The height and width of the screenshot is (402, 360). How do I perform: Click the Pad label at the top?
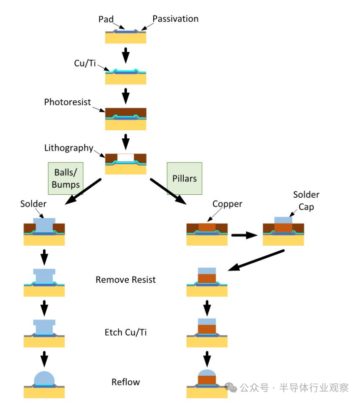click(106, 19)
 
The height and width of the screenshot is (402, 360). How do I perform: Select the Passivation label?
click(175, 19)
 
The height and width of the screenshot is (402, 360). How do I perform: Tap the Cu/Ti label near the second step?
click(85, 63)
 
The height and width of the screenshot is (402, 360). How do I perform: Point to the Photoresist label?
click(68, 102)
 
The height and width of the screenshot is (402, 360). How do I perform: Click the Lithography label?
click(68, 148)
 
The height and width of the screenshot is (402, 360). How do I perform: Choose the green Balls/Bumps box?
click(66, 178)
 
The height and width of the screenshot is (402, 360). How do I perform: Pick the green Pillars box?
click(184, 178)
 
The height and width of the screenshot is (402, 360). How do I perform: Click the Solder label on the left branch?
click(33, 204)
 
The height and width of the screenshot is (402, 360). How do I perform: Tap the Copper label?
click(227, 204)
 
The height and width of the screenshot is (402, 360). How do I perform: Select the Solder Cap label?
click(306, 201)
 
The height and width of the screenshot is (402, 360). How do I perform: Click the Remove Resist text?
click(126, 280)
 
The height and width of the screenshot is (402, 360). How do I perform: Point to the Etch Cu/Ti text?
click(126, 332)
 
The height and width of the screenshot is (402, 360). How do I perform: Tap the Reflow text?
click(126, 382)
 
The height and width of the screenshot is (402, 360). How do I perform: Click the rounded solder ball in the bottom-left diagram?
click(44, 378)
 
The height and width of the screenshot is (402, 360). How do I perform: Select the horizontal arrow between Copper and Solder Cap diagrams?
click(244, 235)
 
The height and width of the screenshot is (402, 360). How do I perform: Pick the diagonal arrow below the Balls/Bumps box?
click(84, 192)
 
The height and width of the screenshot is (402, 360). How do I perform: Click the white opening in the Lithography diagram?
click(126, 158)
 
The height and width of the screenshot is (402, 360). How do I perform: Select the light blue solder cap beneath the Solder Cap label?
click(283, 220)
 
